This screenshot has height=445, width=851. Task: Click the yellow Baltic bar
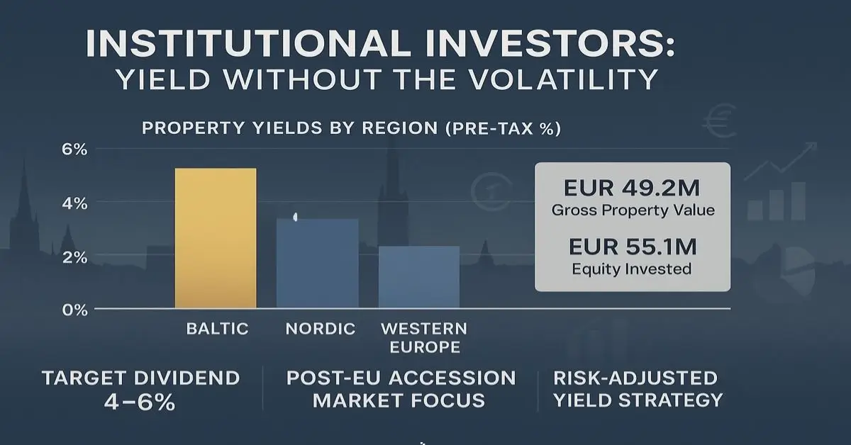[216, 238]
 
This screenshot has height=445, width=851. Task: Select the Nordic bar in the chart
[317, 264]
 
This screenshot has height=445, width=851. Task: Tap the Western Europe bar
[419, 277]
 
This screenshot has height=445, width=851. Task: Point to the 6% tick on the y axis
[74, 150]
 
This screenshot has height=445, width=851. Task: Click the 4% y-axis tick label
[74, 203]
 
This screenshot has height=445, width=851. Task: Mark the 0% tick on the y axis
[74, 310]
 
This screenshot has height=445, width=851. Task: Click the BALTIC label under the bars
[217, 329]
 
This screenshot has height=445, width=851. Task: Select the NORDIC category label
[321, 329]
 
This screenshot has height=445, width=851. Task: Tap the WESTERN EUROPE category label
[424, 338]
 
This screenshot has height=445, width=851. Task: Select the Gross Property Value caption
[632, 210]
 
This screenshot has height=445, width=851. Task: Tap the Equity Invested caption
[632, 269]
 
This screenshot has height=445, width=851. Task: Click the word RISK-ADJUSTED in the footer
[635, 378]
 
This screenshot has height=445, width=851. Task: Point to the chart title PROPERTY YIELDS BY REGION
[291, 129]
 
